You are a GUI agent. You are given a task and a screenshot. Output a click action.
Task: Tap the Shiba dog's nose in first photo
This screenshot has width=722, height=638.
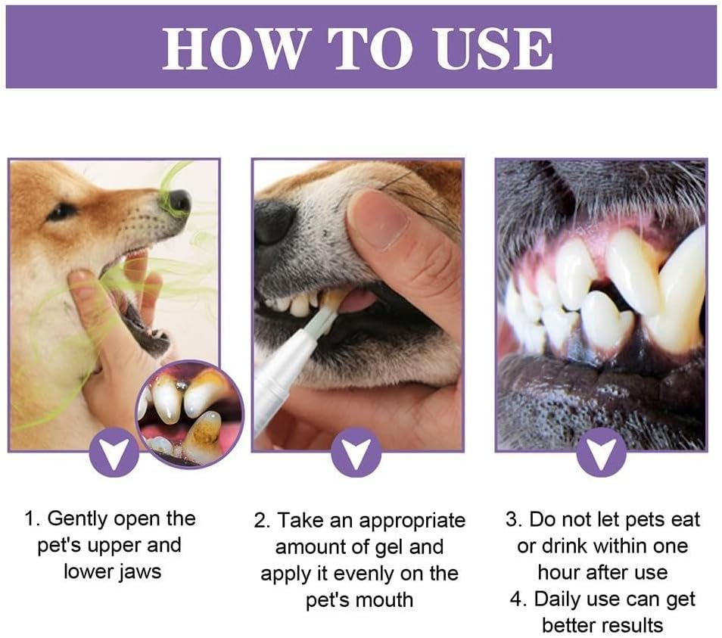[x=179, y=201]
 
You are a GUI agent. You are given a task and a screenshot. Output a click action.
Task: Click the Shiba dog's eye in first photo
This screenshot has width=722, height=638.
[x=60, y=211]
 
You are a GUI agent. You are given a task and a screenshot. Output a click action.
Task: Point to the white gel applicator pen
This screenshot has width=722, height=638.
[x=288, y=371]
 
